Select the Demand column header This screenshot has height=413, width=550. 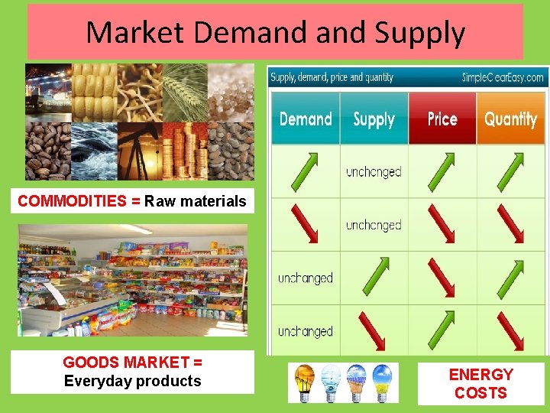pyautogui.click(x=306, y=119)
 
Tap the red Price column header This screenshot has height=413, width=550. pyautogui.click(x=442, y=119)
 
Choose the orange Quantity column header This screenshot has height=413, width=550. pyautogui.click(x=510, y=119)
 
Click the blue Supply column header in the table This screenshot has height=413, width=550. pyautogui.click(x=374, y=119)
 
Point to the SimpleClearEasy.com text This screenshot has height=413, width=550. pyautogui.click(x=503, y=77)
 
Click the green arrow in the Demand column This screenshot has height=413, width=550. pyautogui.click(x=306, y=172)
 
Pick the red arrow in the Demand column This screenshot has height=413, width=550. pyautogui.click(x=306, y=225)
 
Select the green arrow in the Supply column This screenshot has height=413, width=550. pyautogui.click(x=374, y=278)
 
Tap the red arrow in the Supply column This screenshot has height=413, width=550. pyautogui.click(x=374, y=330)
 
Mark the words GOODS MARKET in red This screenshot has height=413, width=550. pyautogui.click(x=125, y=363)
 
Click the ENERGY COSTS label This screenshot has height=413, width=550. pyautogui.click(x=480, y=384)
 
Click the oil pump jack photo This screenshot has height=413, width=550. pyautogui.click(x=139, y=150)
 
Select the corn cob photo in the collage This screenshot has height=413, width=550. pyautogui.click(x=93, y=92)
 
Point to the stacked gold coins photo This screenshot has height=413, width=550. pyautogui.click(x=184, y=150)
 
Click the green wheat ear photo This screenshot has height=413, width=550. pyautogui.click(x=184, y=92)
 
